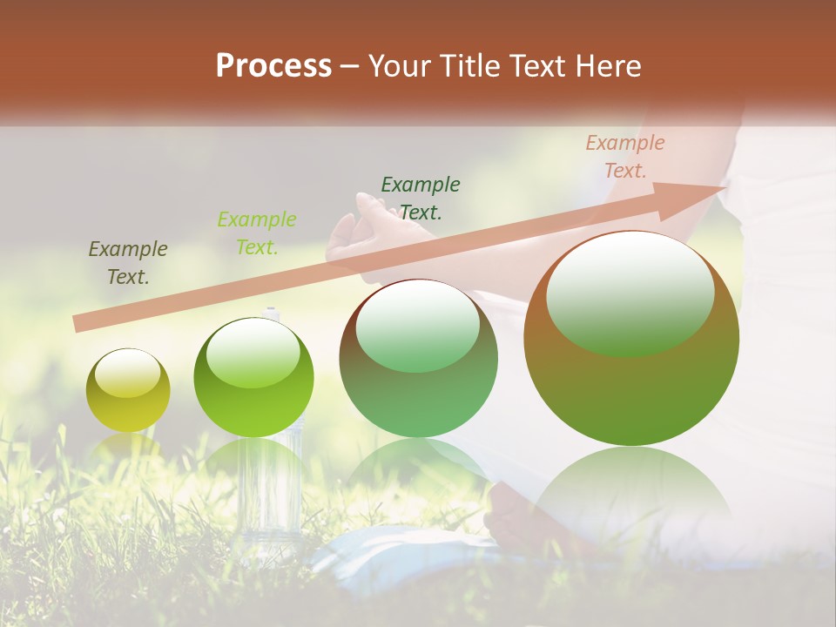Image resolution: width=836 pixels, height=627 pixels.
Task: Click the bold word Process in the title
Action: coord(273,66)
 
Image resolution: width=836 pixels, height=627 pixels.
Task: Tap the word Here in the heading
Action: coord(609,66)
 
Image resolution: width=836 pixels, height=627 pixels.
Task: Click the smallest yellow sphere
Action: coord(128,390)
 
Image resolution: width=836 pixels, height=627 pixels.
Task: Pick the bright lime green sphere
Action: coord(253,378)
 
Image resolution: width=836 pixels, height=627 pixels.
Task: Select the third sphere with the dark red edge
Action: coord(418,358)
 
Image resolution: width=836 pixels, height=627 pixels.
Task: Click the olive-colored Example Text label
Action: coord(128,263)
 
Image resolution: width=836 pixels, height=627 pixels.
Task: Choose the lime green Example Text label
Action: coord(257,233)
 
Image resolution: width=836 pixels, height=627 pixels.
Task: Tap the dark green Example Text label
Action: coord(421,198)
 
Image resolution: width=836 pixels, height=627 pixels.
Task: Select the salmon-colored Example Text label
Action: coord(625,157)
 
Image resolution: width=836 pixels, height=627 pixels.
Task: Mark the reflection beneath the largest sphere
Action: coord(631,496)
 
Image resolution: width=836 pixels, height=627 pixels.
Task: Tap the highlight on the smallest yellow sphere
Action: coord(127,373)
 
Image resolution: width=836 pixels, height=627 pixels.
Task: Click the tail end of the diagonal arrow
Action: coord(78,324)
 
